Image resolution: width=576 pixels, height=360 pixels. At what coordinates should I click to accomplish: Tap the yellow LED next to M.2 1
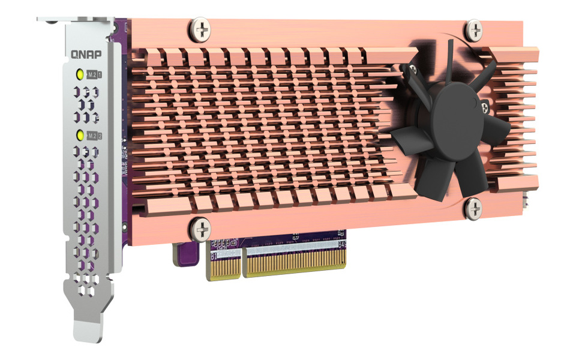(x=79, y=74)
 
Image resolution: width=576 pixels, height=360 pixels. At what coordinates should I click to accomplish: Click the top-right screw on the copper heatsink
(x=474, y=29)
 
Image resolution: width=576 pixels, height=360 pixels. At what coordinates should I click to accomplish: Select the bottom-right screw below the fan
(x=473, y=207)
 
